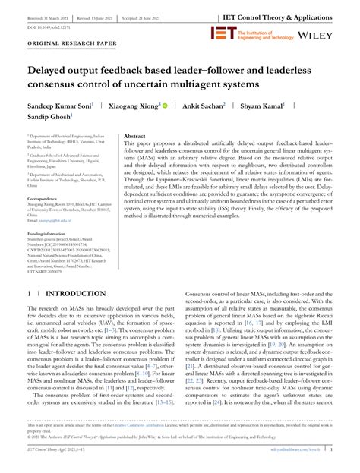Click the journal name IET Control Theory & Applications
[289, 14]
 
